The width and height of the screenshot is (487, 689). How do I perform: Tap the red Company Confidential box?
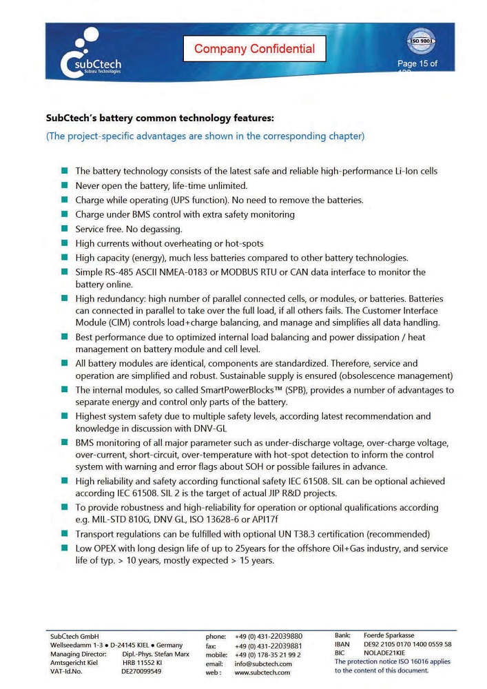[x=254, y=49]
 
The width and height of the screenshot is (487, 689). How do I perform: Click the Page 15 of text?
[x=417, y=64]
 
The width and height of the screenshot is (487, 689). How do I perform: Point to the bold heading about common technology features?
[x=160, y=118]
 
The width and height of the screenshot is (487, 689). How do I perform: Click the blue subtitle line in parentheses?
[x=205, y=136]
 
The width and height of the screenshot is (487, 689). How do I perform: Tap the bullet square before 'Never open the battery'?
[x=64, y=185]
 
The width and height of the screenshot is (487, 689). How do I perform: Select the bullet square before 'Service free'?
[x=64, y=229]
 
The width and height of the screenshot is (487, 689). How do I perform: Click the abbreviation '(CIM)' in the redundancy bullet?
[x=118, y=322]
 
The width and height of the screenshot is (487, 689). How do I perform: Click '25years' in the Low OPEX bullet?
[x=251, y=548]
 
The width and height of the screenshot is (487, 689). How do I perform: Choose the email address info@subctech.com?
[x=263, y=664]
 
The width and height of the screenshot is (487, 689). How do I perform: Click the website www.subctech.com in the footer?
[x=262, y=672]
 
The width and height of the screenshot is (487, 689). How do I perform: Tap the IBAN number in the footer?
[x=407, y=644]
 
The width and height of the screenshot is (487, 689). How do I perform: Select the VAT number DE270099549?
[x=142, y=671]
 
